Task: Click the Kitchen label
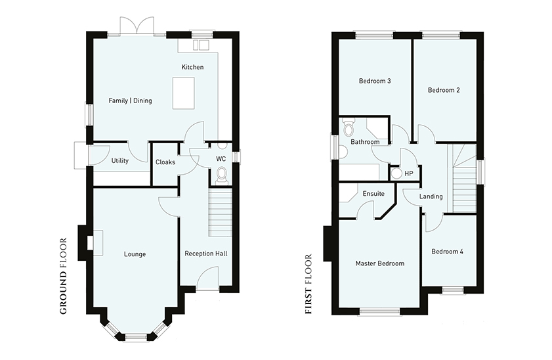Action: pyautogui.click(x=192, y=67)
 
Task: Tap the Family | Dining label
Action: pyautogui.click(x=130, y=101)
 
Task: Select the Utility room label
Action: pyautogui.click(x=119, y=161)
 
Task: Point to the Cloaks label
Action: pyautogui.click(x=165, y=162)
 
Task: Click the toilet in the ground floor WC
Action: pyautogui.click(x=222, y=175)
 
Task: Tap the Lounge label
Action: pyautogui.click(x=135, y=254)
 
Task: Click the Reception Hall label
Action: pyautogui.click(x=206, y=254)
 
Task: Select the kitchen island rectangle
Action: pyautogui.click(x=183, y=93)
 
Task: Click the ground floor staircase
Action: pyautogui.click(x=221, y=212)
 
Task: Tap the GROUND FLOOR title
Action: pyautogui.click(x=63, y=276)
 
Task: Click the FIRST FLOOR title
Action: pyautogui.click(x=308, y=284)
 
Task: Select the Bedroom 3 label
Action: pyautogui.click(x=375, y=81)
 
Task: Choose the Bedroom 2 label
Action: pyautogui.click(x=444, y=90)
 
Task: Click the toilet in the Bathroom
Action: pyautogui.click(x=348, y=127)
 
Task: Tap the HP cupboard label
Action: pyautogui.click(x=409, y=173)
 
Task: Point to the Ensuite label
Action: pyautogui.click(x=373, y=194)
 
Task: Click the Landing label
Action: pyautogui.click(x=431, y=196)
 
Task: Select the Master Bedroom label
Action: pyautogui.click(x=380, y=263)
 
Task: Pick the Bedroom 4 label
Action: pyautogui.click(x=447, y=252)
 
